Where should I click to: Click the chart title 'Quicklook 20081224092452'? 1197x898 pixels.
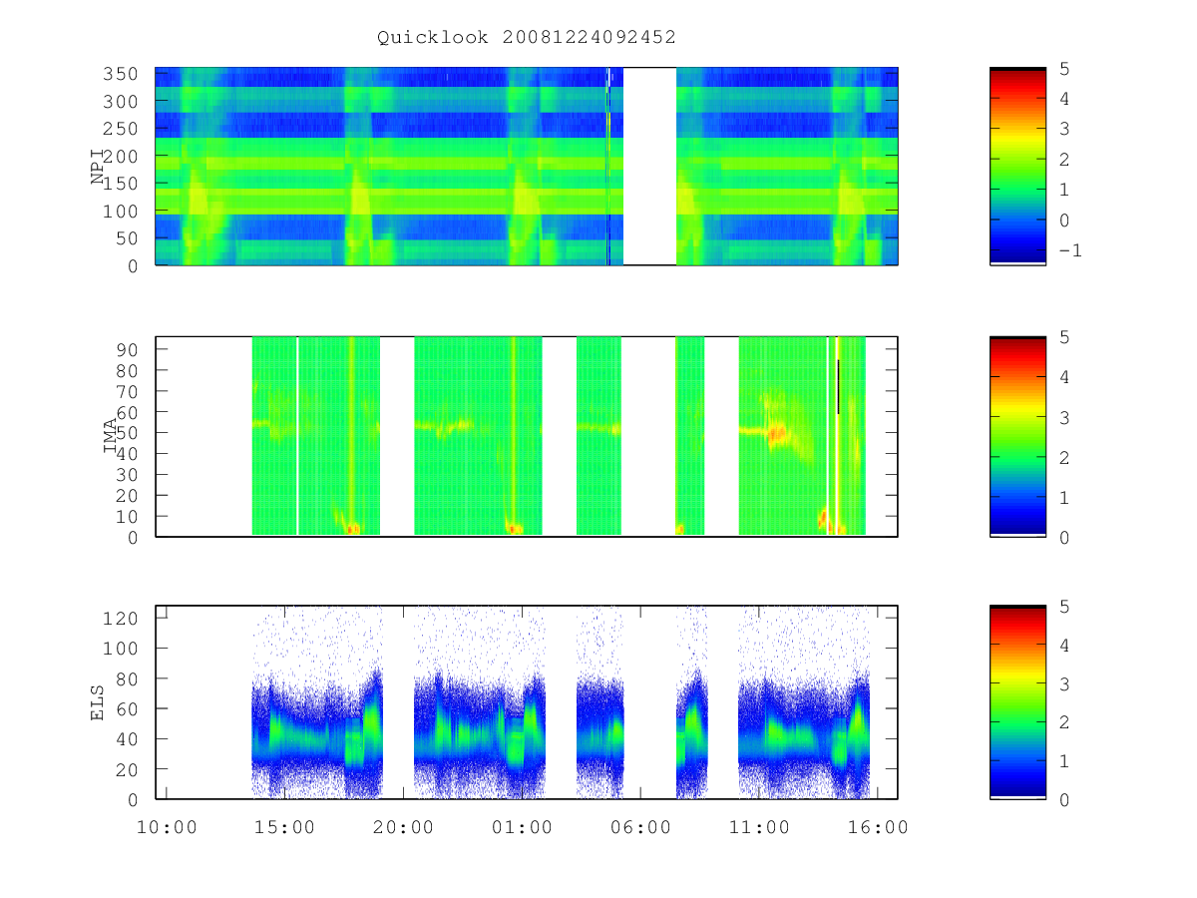[x=527, y=37]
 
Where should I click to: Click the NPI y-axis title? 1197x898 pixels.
[x=98, y=167]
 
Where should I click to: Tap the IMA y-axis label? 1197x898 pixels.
[x=110, y=435]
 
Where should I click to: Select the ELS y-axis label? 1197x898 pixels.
[x=97, y=702]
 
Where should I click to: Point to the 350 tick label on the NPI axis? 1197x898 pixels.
[x=121, y=74]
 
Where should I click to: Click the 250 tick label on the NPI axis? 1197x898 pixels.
[x=121, y=129]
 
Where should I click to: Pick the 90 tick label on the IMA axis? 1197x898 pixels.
[x=127, y=349]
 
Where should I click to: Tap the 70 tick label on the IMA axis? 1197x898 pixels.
[x=127, y=391]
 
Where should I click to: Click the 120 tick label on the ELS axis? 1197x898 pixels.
[x=121, y=619]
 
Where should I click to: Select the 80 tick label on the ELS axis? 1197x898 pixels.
[x=127, y=678]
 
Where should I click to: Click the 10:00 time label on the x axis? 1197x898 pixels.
[x=167, y=827]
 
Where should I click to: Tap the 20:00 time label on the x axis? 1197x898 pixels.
[x=403, y=827]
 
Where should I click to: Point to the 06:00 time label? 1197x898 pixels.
[x=640, y=827]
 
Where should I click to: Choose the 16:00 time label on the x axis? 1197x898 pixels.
[x=878, y=827]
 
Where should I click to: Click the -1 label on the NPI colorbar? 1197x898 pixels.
[x=1070, y=250]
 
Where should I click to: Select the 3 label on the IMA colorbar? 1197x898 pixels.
[x=1064, y=418]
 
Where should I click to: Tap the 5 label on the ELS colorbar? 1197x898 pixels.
[x=1064, y=607]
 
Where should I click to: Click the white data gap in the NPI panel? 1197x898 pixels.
[x=649, y=167]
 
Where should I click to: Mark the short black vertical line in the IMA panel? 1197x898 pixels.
[x=838, y=386]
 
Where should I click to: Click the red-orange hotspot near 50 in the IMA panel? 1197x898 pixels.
[x=777, y=435]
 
